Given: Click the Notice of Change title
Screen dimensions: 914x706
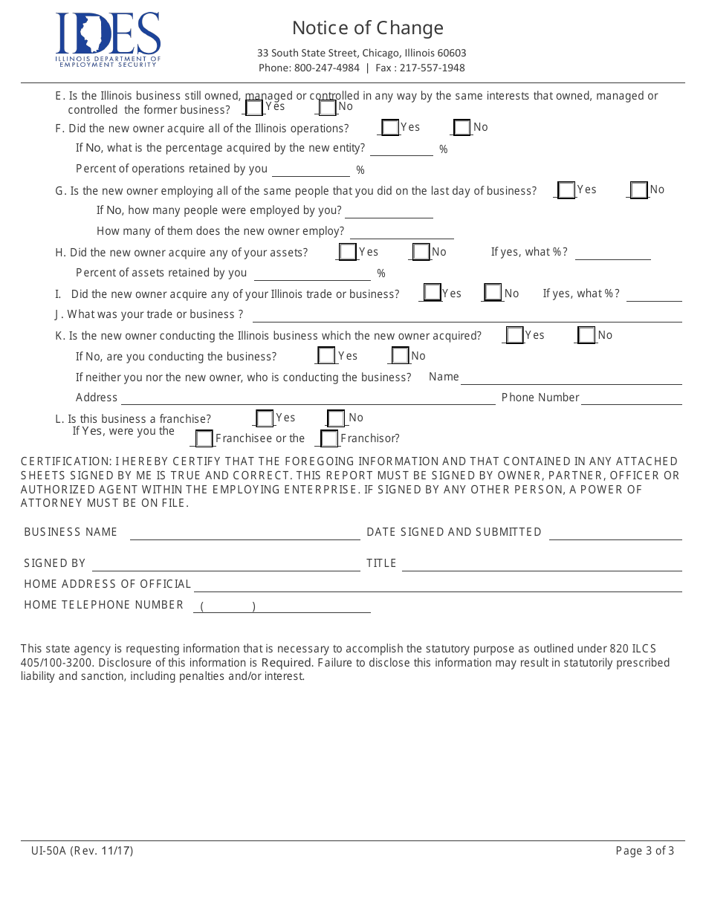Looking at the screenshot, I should point(368,27).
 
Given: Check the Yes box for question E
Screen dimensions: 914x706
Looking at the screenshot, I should point(254,108).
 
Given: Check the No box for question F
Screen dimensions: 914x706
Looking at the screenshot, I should point(462,128).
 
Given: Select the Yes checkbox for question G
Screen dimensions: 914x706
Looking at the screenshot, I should point(566,190).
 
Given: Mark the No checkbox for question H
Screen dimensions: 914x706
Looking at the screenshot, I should point(421,253).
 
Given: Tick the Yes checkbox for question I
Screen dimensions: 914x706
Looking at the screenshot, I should point(433,293).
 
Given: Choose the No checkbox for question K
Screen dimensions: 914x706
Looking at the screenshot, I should point(586,335).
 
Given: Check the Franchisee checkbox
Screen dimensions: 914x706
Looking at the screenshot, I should point(204,438).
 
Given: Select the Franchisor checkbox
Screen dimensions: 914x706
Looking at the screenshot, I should point(329,438).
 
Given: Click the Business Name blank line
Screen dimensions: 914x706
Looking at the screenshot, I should point(244,533).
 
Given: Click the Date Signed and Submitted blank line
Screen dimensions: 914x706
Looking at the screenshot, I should point(615,533).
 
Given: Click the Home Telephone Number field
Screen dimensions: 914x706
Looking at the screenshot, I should point(282,606).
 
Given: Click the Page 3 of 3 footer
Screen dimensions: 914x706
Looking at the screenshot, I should point(644,851).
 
